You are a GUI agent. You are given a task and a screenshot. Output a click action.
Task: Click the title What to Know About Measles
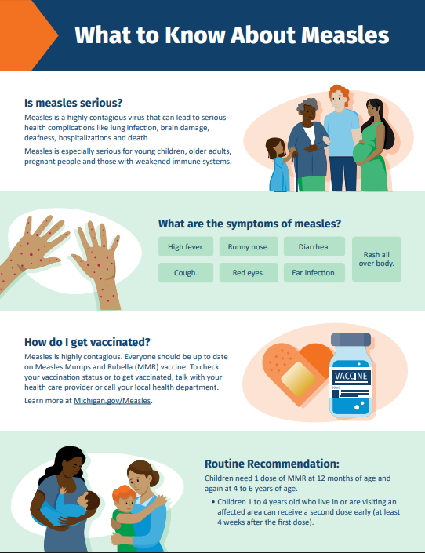231,36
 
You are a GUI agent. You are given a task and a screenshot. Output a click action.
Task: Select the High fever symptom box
186,247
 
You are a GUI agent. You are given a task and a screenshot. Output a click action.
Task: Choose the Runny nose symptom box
248,247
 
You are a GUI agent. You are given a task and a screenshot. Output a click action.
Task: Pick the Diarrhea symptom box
314,247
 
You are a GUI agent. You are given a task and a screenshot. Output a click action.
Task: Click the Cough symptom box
186,274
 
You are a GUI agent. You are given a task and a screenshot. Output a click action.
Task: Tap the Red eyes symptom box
248,274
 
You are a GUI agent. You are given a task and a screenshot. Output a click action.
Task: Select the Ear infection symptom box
314,274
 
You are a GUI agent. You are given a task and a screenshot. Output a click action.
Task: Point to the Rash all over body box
376,260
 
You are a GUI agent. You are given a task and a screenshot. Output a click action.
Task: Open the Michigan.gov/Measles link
113,401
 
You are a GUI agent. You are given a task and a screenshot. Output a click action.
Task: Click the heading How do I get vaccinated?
87,342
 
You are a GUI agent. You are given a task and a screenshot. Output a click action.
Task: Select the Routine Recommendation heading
271,464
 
